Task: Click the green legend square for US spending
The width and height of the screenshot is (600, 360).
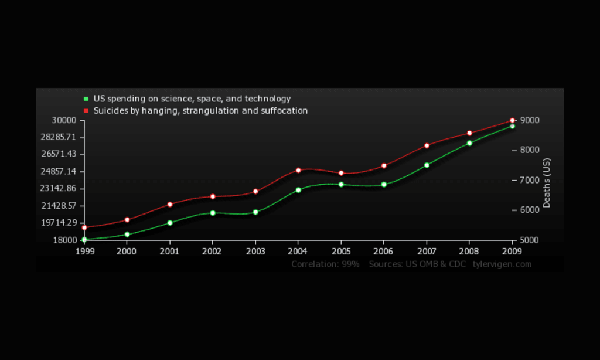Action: (x=86, y=99)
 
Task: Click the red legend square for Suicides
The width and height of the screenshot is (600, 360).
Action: (x=86, y=111)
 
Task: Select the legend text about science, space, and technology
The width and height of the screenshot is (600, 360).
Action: (x=192, y=99)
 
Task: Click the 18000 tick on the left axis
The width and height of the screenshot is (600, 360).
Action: (x=65, y=240)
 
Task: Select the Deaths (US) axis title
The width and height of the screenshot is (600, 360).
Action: (x=547, y=182)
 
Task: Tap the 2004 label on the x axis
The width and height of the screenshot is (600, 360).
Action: (x=298, y=252)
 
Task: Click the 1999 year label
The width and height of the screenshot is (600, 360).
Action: (x=84, y=252)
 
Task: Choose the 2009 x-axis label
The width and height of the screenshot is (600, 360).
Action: (x=512, y=252)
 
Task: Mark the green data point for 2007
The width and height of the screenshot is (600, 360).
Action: (x=427, y=165)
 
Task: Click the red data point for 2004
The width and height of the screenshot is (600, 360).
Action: (x=298, y=170)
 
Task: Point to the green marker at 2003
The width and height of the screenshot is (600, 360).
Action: (x=255, y=212)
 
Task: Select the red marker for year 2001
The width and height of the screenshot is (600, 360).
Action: (x=170, y=204)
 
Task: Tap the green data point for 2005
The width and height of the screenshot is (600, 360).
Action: (x=341, y=185)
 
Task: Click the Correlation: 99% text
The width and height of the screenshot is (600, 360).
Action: (x=325, y=264)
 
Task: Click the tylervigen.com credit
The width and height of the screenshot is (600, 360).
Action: (x=502, y=264)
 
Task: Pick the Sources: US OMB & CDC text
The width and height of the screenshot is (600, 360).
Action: (x=417, y=264)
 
